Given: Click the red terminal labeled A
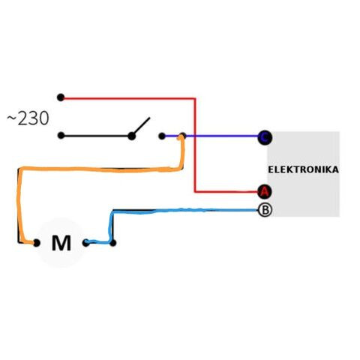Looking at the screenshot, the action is (265, 192).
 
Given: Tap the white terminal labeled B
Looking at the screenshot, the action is (265, 210).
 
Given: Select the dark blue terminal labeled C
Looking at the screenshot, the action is (265, 137).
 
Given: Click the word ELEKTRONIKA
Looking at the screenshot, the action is (303, 169).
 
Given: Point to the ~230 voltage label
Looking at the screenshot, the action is (28, 118).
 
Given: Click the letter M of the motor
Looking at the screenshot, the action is (61, 243).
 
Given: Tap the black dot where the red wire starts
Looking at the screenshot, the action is (61, 97).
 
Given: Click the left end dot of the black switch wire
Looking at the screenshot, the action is (61, 136).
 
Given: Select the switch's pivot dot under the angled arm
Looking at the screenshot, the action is (131, 136).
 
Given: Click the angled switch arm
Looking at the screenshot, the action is (141, 126).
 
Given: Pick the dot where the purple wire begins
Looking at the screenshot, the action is (162, 136).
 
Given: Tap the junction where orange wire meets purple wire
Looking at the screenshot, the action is (183, 136).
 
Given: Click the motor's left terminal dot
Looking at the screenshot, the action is (37, 243).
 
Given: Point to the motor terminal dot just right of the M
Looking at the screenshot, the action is (85, 243).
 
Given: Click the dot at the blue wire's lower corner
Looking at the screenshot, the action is (113, 243).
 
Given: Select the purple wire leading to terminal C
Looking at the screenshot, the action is (211, 136).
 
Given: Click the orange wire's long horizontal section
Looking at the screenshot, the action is (100, 169).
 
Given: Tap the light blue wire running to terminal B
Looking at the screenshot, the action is (185, 210).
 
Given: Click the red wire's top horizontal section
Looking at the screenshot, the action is (128, 98).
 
